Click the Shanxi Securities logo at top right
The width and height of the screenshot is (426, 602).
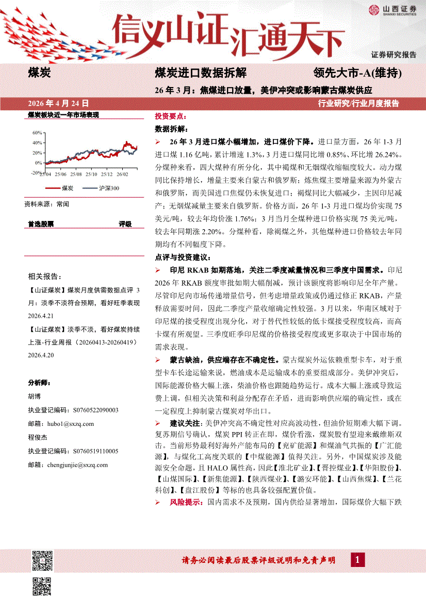391,10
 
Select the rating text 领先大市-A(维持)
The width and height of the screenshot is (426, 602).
357,73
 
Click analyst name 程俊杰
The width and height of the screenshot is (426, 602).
37,437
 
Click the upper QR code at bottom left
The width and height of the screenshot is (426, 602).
43,560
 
